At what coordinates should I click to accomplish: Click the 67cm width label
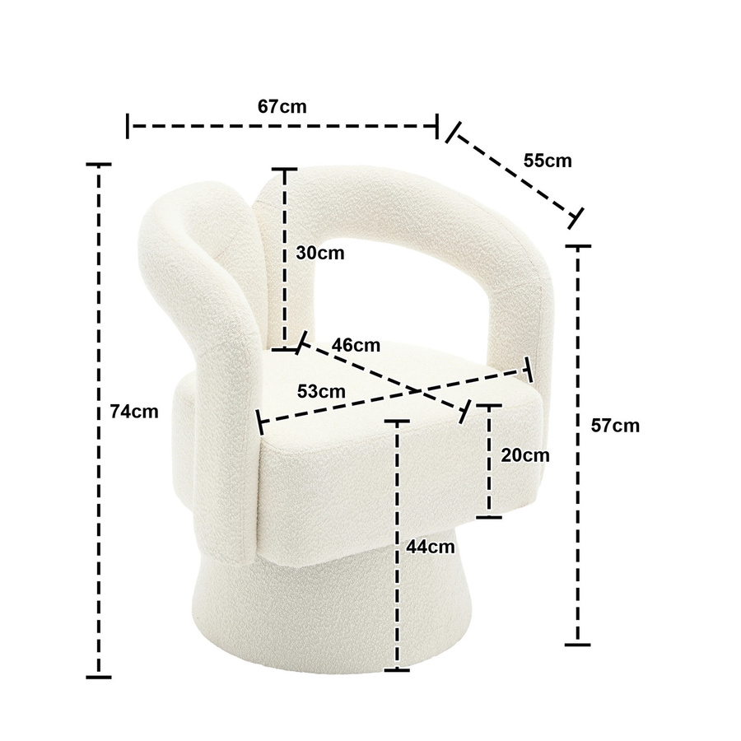point(282,106)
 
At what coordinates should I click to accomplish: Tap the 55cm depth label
point(548,161)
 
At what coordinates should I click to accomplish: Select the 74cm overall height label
point(134,412)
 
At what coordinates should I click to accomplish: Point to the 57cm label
point(615,426)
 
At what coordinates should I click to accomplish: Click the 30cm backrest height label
point(320,254)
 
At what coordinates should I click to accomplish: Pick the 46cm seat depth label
point(356,346)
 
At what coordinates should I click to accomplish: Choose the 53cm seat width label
point(321,391)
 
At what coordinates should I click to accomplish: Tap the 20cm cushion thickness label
point(525,455)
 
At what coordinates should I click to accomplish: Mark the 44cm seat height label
point(431,547)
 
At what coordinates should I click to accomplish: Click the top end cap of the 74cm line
point(98,165)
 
